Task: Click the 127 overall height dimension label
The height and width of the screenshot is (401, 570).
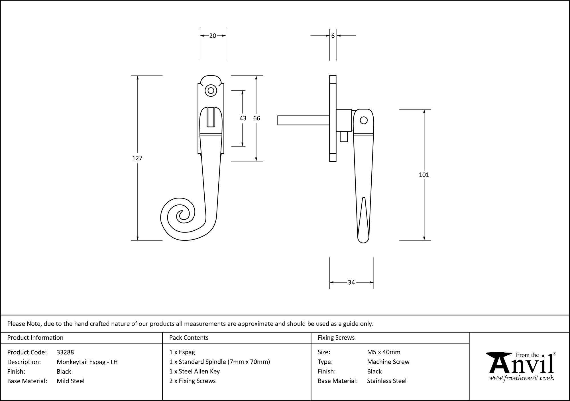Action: pyautogui.click(x=137, y=158)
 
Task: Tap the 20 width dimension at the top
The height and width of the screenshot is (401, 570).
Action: pyautogui.click(x=213, y=36)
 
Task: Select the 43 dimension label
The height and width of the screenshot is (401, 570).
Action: pyautogui.click(x=243, y=118)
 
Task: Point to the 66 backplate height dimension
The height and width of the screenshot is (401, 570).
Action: pyautogui.click(x=256, y=118)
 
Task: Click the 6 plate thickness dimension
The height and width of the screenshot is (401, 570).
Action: pyautogui.click(x=333, y=36)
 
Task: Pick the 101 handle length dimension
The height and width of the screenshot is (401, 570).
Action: pyautogui.click(x=424, y=175)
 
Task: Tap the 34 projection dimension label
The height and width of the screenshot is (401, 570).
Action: pyautogui.click(x=351, y=282)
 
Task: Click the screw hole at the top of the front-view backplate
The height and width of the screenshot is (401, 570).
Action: pyautogui.click(x=211, y=91)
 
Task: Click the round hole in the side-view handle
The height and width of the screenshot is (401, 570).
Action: pyautogui.click(x=364, y=120)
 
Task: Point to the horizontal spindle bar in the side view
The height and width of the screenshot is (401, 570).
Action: pyautogui.click(x=303, y=120)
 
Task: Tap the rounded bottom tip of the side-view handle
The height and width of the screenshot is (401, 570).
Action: pyautogui.click(x=363, y=239)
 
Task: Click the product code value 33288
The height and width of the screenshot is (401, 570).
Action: pyautogui.click(x=65, y=352)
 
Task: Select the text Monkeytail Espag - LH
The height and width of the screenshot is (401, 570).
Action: pyautogui.click(x=87, y=362)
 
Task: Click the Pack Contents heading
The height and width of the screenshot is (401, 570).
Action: pyautogui.click(x=189, y=338)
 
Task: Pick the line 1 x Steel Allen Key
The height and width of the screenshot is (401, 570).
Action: pyautogui.click(x=194, y=371)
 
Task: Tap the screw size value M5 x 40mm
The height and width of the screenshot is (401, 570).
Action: pyautogui.click(x=384, y=352)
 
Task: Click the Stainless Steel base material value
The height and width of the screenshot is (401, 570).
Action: pyautogui.click(x=386, y=381)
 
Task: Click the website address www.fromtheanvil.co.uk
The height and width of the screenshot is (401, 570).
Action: pyautogui.click(x=522, y=378)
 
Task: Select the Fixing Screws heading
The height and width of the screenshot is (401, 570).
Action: pyautogui.click(x=336, y=338)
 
